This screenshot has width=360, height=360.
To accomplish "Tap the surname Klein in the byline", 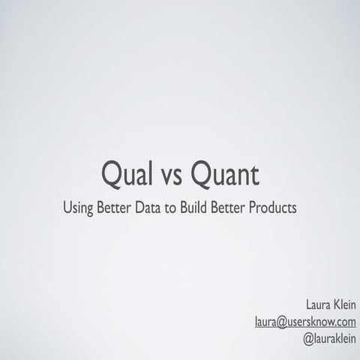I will pyautogui.click(x=344, y=305).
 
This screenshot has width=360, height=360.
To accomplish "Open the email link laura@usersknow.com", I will pyautogui.click(x=305, y=322).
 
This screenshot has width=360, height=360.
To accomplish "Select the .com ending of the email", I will pyautogui.click(x=344, y=322).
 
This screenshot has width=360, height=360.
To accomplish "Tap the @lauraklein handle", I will pyautogui.click(x=330, y=338).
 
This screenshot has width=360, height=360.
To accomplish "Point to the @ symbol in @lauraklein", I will pyautogui.click(x=307, y=339).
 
